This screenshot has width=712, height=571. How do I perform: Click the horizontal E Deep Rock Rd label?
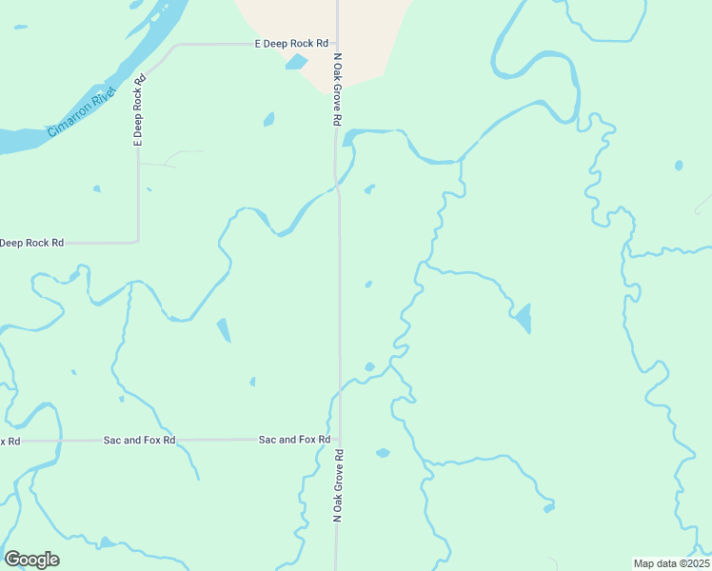pyautogui.click(x=291, y=44)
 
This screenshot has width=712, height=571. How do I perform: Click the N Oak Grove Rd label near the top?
pyautogui.click(x=337, y=89)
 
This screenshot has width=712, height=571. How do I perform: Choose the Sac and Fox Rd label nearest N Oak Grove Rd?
pyautogui.click(x=294, y=440)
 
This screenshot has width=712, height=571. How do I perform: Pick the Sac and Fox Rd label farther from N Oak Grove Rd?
pyautogui.click(x=139, y=441)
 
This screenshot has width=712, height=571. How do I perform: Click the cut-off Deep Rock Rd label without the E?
pyautogui.click(x=31, y=243)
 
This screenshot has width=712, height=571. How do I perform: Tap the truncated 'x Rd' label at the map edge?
pyautogui.click(x=10, y=441)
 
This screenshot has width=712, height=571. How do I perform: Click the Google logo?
pyautogui.click(x=31, y=560)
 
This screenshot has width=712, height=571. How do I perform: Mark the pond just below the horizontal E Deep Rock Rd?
pyautogui.click(x=296, y=63)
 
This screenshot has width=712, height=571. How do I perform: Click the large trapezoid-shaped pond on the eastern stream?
pyautogui.click(x=523, y=317)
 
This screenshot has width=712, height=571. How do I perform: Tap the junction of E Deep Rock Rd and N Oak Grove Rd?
pyautogui.click(x=337, y=44)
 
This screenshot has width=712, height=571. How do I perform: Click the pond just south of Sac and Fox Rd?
pyautogui.click(x=383, y=453)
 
